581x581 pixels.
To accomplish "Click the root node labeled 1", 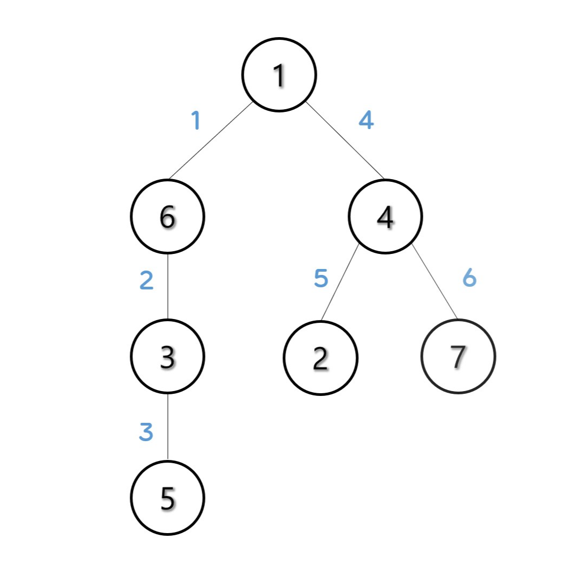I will tap(279, 75).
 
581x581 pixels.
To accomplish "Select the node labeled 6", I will tap(167, 216).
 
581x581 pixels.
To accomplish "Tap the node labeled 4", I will tap(385, 216).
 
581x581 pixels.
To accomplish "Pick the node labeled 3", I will tap(167, 356).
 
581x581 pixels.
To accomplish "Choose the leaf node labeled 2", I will tap(320, 357).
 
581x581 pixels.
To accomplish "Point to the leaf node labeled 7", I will tap(458, 356).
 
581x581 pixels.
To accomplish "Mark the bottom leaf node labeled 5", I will tap(167, 498).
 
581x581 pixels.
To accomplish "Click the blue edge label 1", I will tap(196, 121).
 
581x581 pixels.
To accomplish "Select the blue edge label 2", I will tap(146, 281).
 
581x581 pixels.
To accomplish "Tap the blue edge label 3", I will tap(146, 432).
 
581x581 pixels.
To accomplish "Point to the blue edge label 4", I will tap(366, 120).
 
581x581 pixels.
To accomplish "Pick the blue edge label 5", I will tap(321, 279).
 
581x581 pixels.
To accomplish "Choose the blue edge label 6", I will tap(470, 278).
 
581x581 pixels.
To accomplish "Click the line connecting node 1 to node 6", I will tap(211, 140).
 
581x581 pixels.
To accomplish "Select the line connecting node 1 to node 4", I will tap(344, 140).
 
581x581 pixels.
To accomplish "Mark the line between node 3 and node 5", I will tap(168, 427).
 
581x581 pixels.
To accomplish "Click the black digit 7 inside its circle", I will tap(458, 356).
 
